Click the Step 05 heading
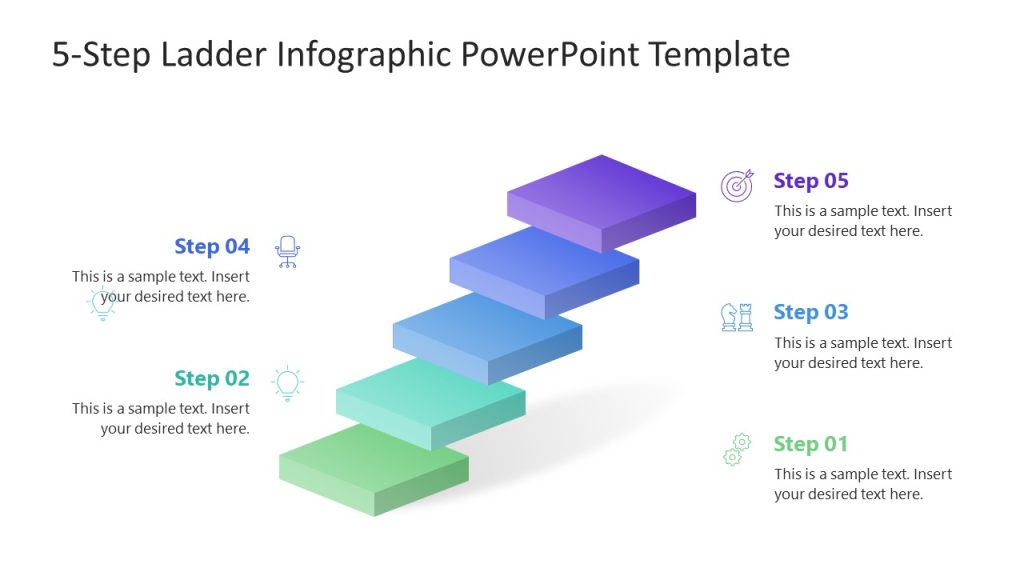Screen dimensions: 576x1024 (810, 181)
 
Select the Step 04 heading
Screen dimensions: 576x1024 (211, 246)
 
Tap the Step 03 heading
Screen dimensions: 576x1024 (810, 312)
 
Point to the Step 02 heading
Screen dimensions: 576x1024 (211, 378)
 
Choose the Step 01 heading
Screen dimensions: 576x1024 (810, 444)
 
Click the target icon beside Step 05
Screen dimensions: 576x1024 (737, 186)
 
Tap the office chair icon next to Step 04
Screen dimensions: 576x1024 (288, 251)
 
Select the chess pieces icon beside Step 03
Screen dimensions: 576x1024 (737, 317)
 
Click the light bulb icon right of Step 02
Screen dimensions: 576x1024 (288, 383)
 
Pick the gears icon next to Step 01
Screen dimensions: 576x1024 (737, 449)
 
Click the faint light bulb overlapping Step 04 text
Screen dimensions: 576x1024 (102, 302)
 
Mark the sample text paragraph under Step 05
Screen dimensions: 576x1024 (862, 221)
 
